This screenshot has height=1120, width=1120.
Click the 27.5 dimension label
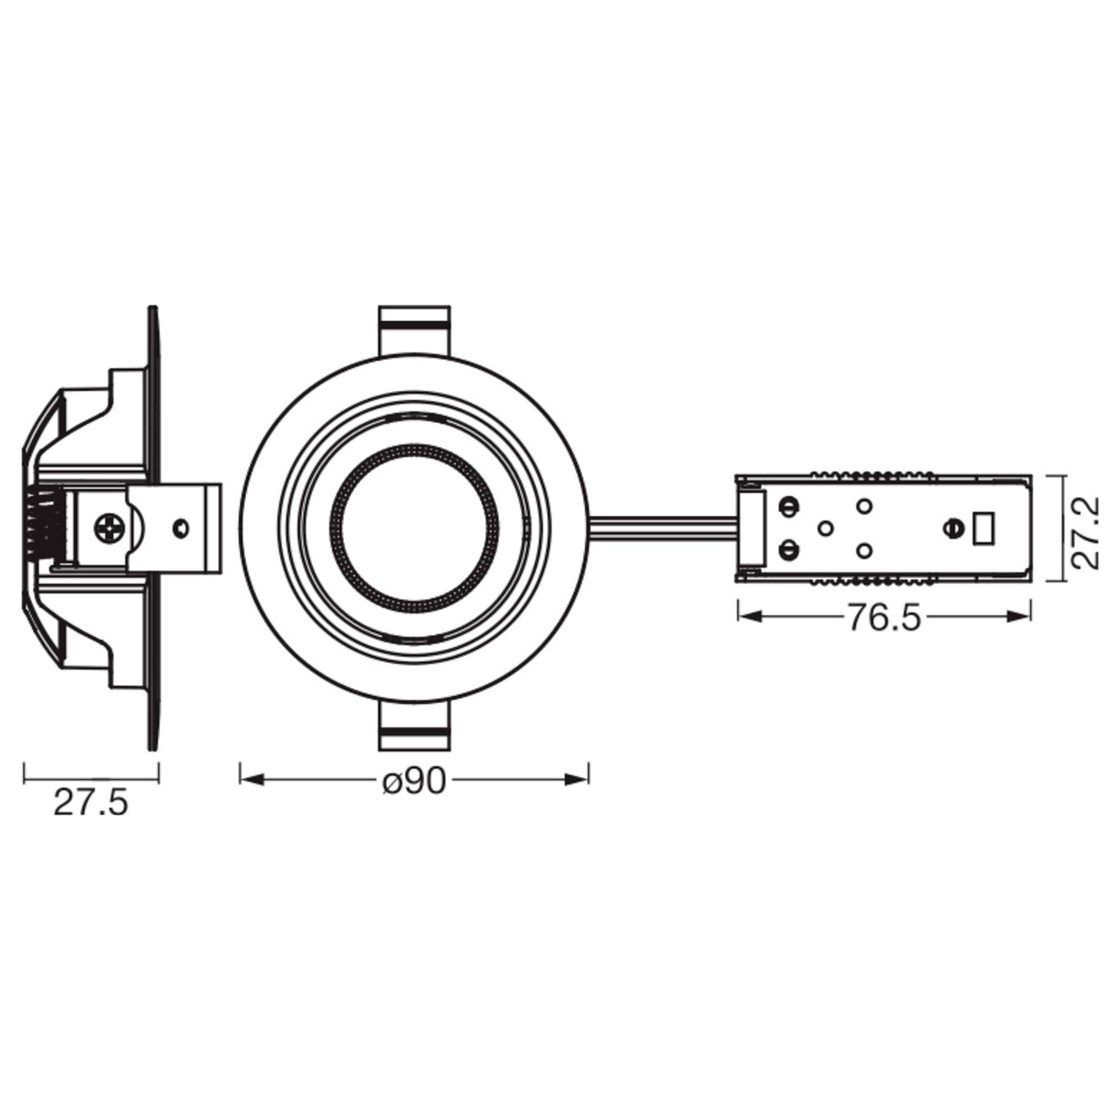pyautogui.click(x=91, y=804)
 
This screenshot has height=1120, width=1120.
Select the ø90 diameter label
pyautogui.click(x=414, y=782)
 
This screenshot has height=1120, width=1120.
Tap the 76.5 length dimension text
pyautogui.click(x=885, y=618)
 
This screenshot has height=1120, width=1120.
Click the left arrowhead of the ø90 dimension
pyautogui.click(x=252, y=780)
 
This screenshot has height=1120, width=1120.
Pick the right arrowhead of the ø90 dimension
pyautogui.click(x=577, y=780)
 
